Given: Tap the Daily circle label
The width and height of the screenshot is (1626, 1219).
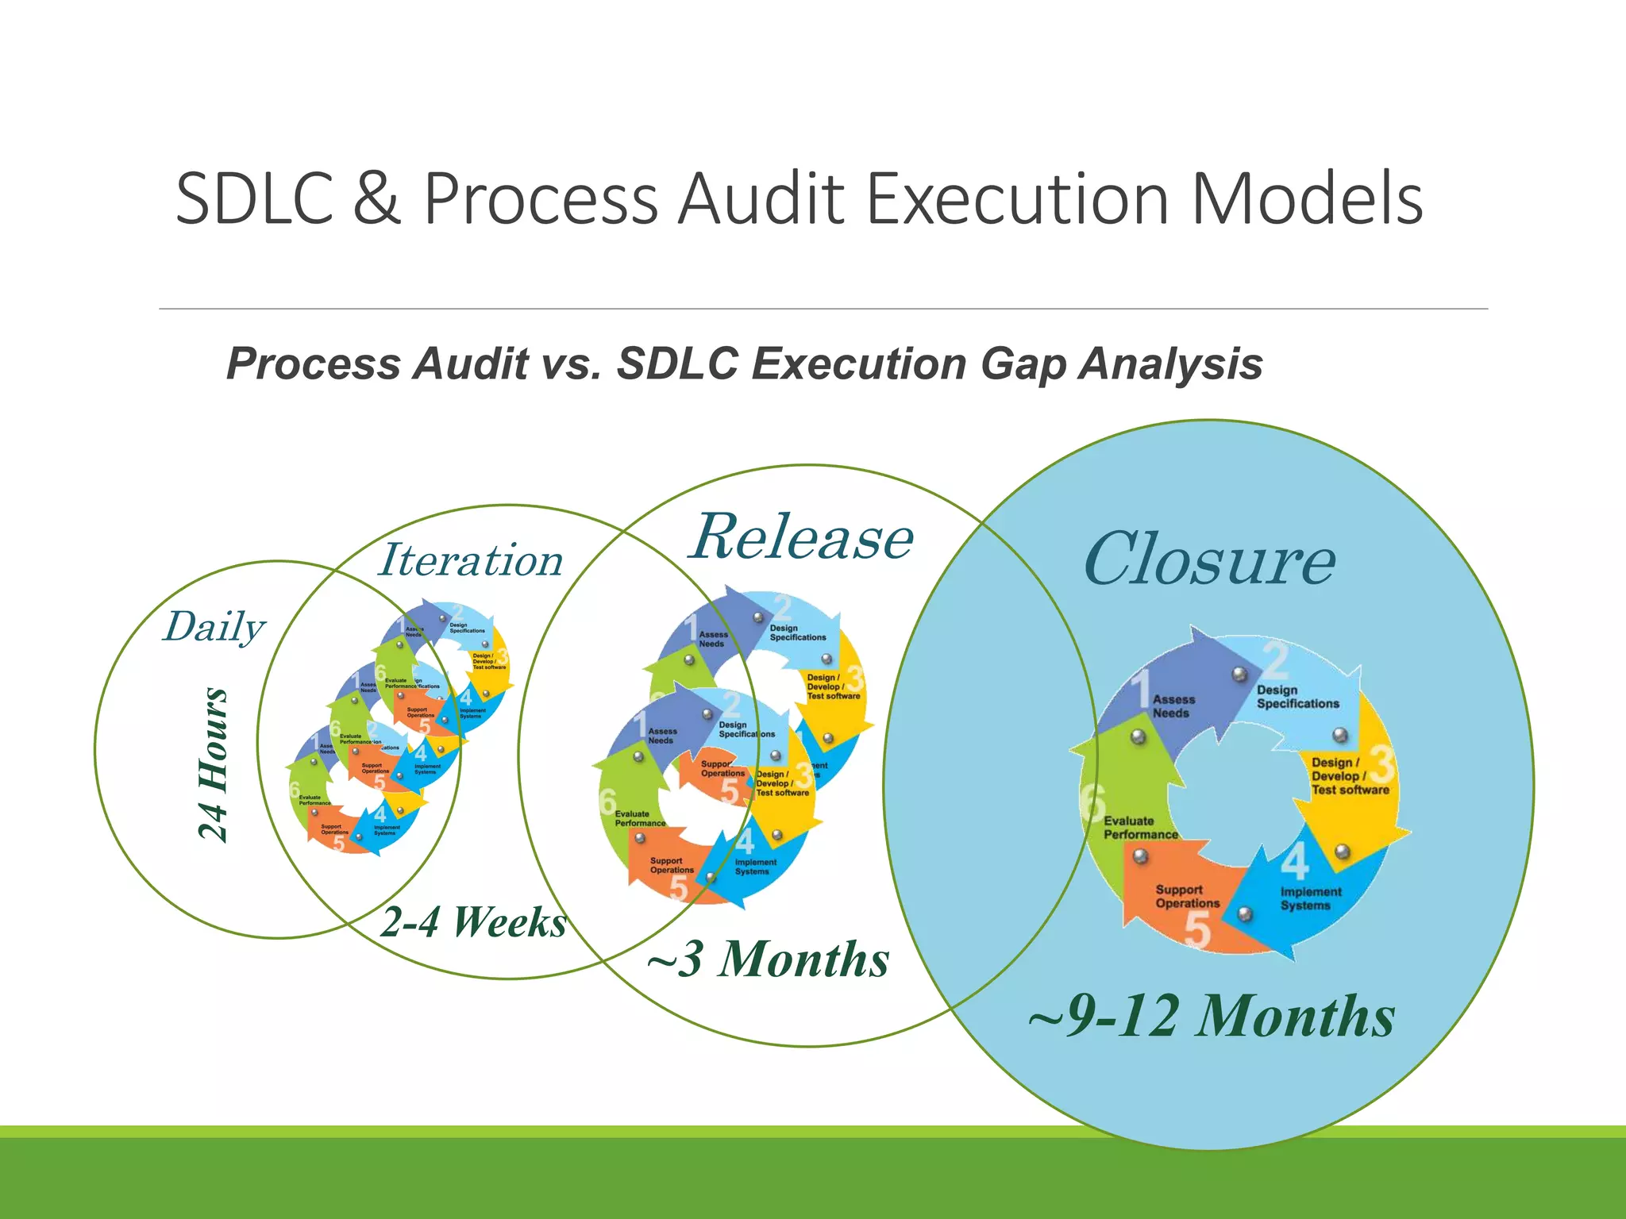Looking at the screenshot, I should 214,627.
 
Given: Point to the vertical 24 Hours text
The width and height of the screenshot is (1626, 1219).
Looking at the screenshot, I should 213,763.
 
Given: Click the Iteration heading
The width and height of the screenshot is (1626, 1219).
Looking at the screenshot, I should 471,560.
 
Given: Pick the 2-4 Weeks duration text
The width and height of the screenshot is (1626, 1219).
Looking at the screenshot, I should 473,922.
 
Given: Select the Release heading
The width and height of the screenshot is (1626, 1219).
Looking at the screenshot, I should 802,538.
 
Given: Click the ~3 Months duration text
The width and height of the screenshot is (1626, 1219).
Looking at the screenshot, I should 768,959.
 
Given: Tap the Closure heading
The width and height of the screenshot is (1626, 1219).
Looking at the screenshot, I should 1209,560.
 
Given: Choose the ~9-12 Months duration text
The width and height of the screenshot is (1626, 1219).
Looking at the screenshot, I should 1211,1016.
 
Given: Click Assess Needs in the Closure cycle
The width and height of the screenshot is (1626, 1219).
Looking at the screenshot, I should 1173,706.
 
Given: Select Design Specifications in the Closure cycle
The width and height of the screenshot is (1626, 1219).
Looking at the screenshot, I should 1297,697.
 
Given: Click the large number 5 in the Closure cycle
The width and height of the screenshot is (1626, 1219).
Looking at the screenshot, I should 1197,930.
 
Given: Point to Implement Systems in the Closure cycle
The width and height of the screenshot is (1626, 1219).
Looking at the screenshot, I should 1310,898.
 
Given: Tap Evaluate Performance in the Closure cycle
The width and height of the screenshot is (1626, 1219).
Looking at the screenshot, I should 1140,828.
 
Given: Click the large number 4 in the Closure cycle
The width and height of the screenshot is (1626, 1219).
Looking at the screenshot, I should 1294,861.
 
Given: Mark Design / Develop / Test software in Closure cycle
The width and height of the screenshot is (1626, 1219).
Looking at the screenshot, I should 1350,776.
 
